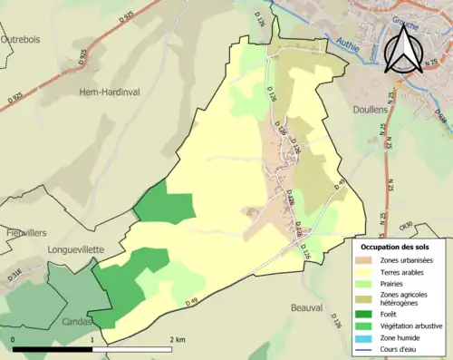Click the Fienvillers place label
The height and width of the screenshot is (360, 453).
click(25, 231)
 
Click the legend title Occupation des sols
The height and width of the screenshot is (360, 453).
click(395, 247)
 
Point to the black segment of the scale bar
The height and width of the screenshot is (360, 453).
click(53, 349)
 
